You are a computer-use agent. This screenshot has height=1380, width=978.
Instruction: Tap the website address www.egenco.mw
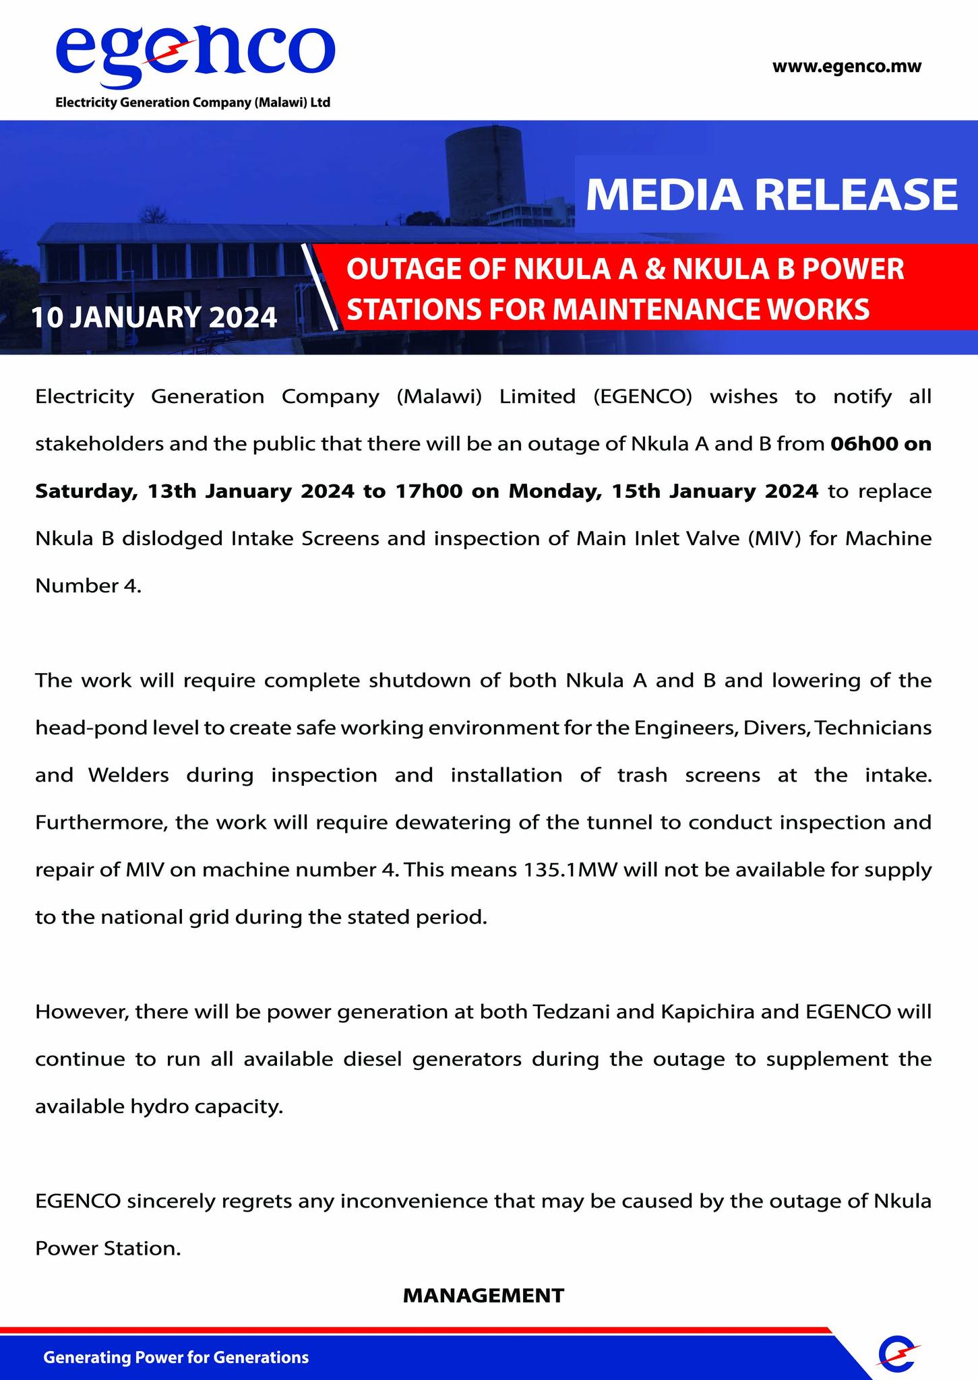coord(846,67)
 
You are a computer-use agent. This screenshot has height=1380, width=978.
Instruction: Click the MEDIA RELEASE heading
coord(771,195)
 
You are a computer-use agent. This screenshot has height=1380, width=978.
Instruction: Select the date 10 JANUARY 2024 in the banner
coord(154,317)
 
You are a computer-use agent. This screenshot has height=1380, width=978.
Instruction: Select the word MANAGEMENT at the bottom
coord(483,1295)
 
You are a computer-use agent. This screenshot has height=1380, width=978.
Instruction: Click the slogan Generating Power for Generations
coord(176,1357)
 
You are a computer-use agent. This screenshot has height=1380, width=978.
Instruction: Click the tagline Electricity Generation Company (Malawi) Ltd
coord(193,103)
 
